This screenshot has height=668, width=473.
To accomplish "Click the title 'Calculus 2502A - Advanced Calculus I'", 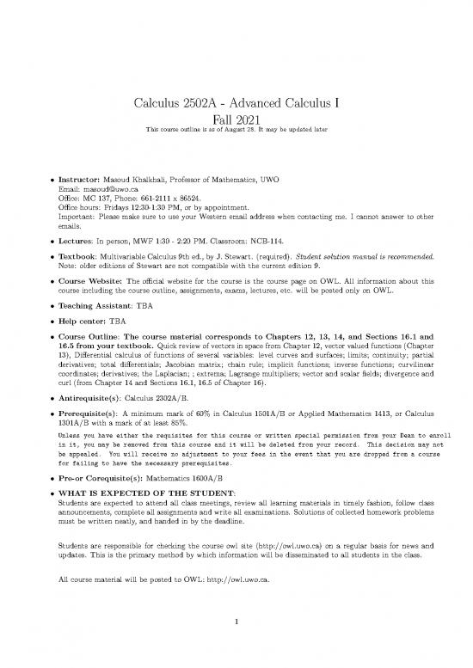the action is (x=236, y=105).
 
